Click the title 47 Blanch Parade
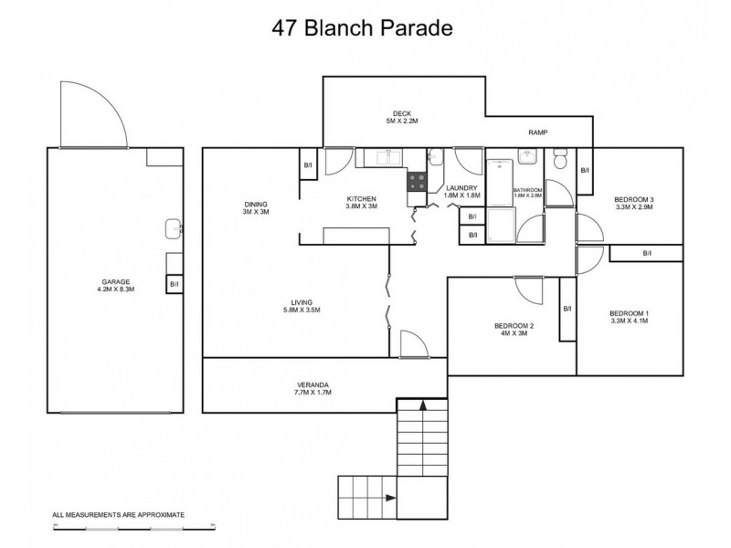pyautogui.click(x=362, y=27)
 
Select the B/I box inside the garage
pyautogui.click(x=174, y=285)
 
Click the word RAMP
pyautogui.click(x=537, y=132)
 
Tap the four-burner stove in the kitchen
pyautogui.click(x=417, y=181)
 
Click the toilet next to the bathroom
pyautogui.click(x=562, y=161)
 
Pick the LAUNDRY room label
pyautogui.click(x=461, y=187)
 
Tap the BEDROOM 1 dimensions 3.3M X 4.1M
pyautogui.click(x=628, y=321)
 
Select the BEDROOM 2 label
pyautogui.click(x=514, y=325)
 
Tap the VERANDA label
pyautogui.click(x=313, y=385)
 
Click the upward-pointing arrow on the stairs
pyautogui.click(x=422, y=406)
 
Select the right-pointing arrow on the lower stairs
pyautogui.click(x=390, y=498)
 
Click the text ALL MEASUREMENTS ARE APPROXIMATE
pyautogui.click(x=118, y=515)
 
